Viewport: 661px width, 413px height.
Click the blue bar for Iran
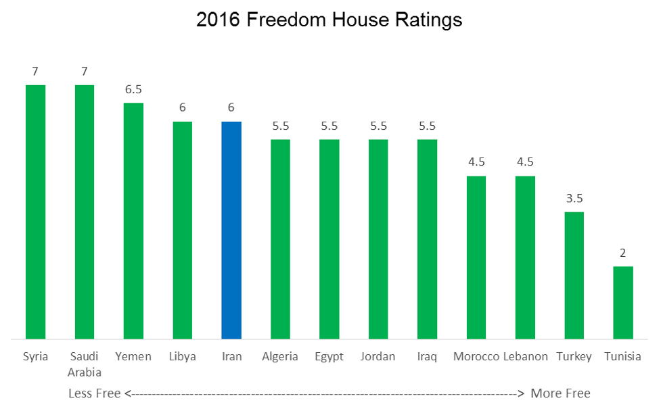coord(231,230)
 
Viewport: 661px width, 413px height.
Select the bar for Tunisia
coord(623,302)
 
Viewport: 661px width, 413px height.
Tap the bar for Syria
coord(35,212)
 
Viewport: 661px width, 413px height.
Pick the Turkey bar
coord(574,275)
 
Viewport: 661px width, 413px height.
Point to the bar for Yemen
coord(133,220)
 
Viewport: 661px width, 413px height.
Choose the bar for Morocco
coord(476,257)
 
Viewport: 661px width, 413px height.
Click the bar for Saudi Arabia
coord(85,212)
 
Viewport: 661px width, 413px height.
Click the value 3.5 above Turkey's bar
coord(574,199)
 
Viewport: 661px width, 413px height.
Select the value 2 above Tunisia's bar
coord(623,253)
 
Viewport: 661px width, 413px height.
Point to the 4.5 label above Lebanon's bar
coord(525,162)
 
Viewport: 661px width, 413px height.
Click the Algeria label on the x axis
coord(280,357)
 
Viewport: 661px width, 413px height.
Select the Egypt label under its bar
coord(329,357)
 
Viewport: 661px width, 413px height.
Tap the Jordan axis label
coord(378,357)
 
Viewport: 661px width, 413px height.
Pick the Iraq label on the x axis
coord(427,357)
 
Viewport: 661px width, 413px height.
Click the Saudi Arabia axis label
coord(85,364)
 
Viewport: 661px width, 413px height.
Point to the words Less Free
coord(95,393)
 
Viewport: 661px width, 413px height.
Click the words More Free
coord(560,393)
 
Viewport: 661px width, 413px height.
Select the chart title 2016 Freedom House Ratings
coord(329,20)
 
